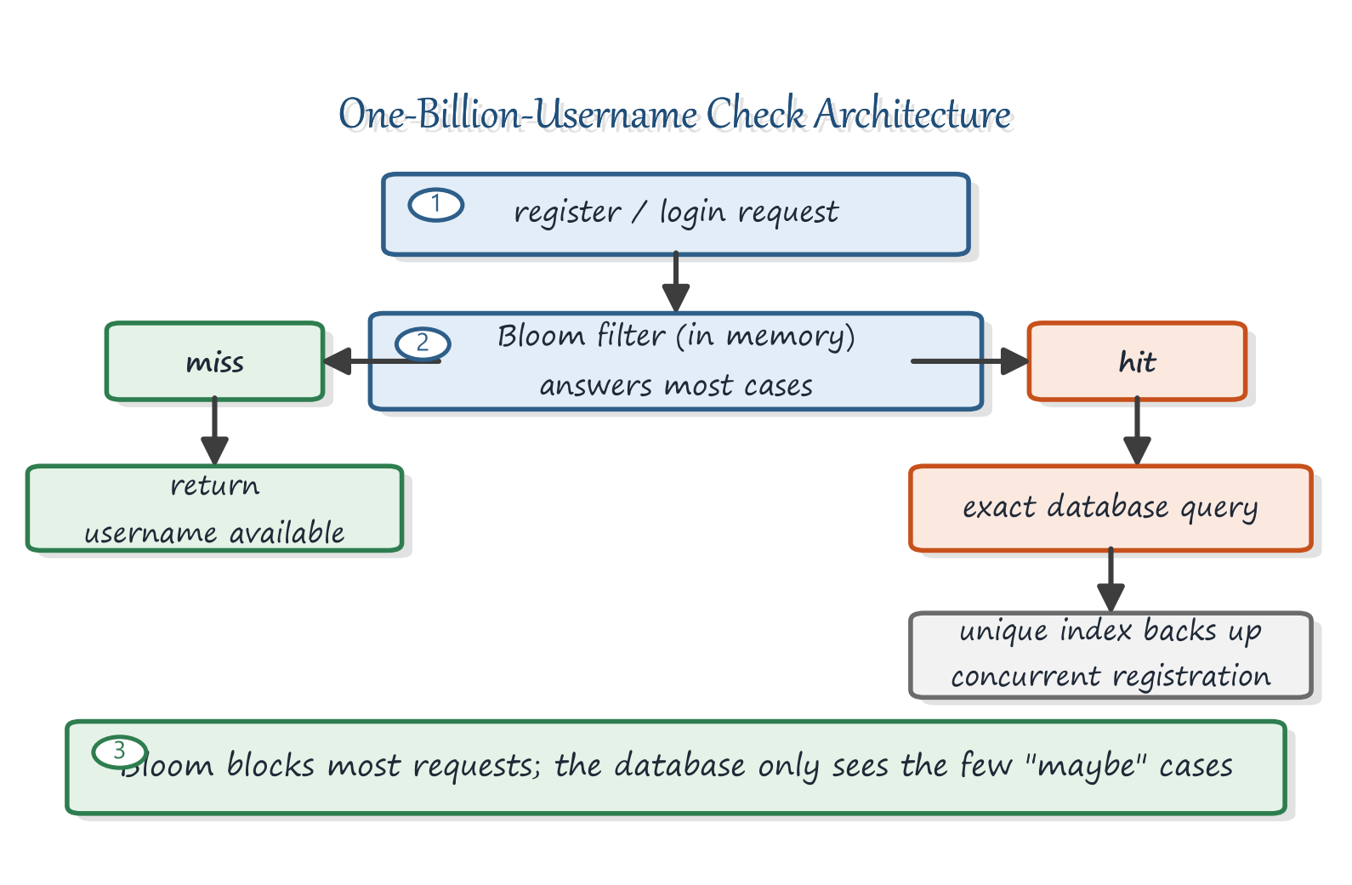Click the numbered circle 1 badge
(x=435, y=205)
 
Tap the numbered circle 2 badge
(x=423, y=344)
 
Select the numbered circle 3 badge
(x=120, y=752)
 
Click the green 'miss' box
(x=215, y=361)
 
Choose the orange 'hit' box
(x=1137, y=361)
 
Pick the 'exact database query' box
(x=1111, y=508)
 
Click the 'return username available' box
(x=215, y=508)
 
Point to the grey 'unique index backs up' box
(x=1111, y=655)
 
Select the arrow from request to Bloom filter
(x=676, y=282)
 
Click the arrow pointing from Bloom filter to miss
(x=382, y=361)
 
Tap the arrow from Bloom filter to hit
(x=970, y=361)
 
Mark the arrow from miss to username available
(x=215, y=431)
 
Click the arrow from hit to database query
(x=1137, y=431)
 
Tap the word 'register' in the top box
(x=567, y=213)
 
